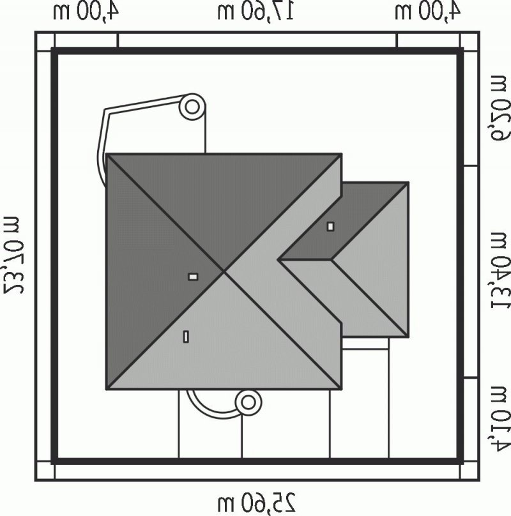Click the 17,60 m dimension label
tap(255, 11)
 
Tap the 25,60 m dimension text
tap(257, 503)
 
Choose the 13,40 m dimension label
tap(501, 271)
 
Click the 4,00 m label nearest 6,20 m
tap(427, 11)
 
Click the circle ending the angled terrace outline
tap(192, 107)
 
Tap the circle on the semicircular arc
tap(248, 402)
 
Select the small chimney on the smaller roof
tap(331, 227)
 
